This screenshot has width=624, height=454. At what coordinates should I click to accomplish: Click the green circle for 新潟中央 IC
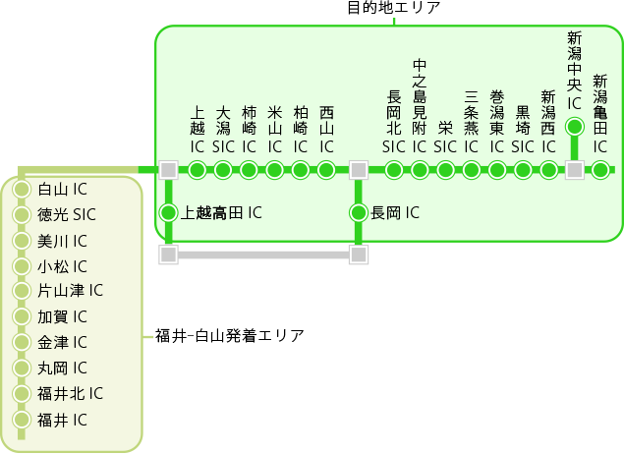tap(575, 126)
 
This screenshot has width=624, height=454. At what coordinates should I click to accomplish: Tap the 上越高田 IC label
tap(221, 212)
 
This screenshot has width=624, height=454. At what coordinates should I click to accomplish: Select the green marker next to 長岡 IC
tap(359, 212)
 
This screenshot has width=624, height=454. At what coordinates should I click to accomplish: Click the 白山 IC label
tap(62, 189)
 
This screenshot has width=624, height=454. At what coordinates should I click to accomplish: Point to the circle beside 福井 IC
tap(22, 421)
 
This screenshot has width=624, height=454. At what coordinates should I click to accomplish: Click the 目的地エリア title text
tap(394, 9)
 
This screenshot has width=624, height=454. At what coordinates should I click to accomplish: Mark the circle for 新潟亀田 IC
tap(600, 170)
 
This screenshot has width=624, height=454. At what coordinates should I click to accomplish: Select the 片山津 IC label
tap(70, 291)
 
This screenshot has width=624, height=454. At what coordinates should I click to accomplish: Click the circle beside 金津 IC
tap(22, 343)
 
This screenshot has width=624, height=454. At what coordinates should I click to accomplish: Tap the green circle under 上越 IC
tap(197, 170)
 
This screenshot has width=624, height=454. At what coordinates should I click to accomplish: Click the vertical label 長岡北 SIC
tap(394, 121)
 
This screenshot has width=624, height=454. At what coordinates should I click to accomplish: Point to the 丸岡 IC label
tap(62, 369)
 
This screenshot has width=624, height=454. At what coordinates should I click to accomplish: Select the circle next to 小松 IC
tap(22, 266)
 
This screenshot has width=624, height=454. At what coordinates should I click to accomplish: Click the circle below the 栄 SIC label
tap(445, 170)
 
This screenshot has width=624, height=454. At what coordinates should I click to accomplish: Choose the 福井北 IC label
tap(70, 394)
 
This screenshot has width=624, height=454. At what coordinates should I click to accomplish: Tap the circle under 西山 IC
tap(327, 170)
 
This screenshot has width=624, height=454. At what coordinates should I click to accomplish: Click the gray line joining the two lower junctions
tap(263, 255)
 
